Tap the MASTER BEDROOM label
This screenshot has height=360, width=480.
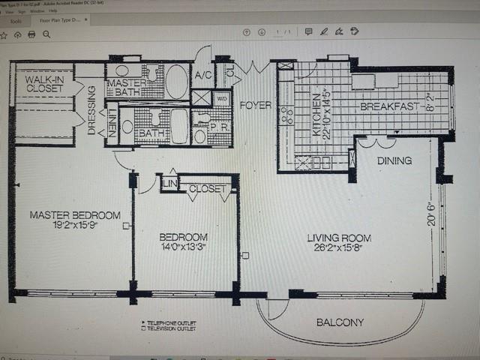(x=75, y=215)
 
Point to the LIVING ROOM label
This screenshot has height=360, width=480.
(x=339, y=238)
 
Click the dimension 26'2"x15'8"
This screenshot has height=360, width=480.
(x=339, y=250)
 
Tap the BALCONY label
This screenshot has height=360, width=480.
(x=339, y=322)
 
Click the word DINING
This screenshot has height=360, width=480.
(x=394, y=160)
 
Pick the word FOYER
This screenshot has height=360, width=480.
(x=255, y=105)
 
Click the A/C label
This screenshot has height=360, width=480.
(x=202, y=76)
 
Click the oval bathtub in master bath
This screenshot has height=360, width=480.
(x=176, y=81)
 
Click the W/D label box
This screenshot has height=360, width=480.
(x=223, y=97)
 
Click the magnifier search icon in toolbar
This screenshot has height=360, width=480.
(x=46, y=34)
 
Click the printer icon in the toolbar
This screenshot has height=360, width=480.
(x=31, y=34)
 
